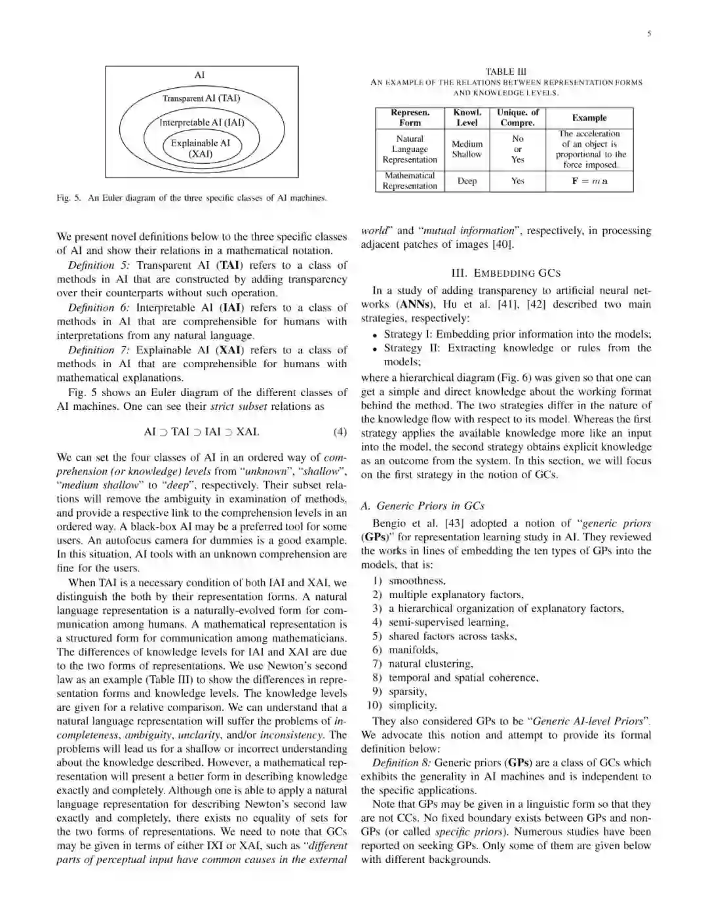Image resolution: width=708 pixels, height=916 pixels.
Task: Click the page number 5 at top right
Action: pos(649,34)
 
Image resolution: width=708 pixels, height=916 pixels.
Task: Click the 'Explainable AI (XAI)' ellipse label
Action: pos(201,149)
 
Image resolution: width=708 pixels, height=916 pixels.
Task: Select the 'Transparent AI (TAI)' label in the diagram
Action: pos(201,98)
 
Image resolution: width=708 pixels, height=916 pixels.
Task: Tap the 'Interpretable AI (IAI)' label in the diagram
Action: pos(202,122)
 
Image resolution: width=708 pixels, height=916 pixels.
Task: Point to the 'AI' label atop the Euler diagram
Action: pos(200,75)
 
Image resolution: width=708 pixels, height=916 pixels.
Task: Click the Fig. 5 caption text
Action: pos(191,197)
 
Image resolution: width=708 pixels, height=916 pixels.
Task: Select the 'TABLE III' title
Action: pos(505,71)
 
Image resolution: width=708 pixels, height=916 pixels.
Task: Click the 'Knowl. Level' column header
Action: pos(467,118)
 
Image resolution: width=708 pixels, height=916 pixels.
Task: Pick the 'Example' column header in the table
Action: pos(589,118)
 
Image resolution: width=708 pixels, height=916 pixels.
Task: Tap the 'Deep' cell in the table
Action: pos(467,181)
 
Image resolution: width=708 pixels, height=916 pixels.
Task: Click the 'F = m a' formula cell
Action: pos(589,181)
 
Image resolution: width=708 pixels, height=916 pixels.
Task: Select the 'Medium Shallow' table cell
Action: pos(467,149)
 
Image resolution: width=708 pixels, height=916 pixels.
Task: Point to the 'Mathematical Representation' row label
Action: pos(410,181)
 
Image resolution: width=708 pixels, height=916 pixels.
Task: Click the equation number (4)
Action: pos(340,432)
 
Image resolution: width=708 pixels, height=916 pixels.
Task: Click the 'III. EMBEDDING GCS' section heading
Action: pos(506,273)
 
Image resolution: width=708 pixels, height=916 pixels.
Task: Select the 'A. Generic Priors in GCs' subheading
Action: pos(423,506)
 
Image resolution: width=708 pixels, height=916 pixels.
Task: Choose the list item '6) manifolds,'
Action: pos(404,650)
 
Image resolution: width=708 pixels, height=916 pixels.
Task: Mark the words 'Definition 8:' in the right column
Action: pos(401,763)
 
